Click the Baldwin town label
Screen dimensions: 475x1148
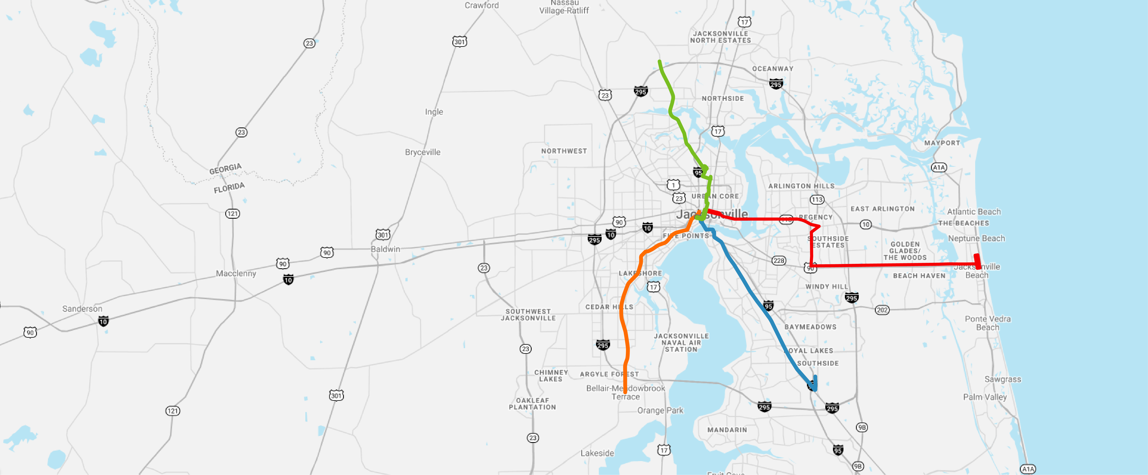click(385, 249)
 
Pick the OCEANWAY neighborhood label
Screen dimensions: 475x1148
click(773, 69)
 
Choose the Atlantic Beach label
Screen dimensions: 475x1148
click(974, 212)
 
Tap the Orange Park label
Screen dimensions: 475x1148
click(660, 410)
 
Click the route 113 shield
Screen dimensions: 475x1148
click(817, 200)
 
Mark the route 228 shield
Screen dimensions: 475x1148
click(779, 261)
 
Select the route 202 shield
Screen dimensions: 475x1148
click(882, 310)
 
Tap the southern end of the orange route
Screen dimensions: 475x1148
click(625, 392)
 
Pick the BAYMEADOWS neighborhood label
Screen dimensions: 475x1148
click(810, 327)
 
